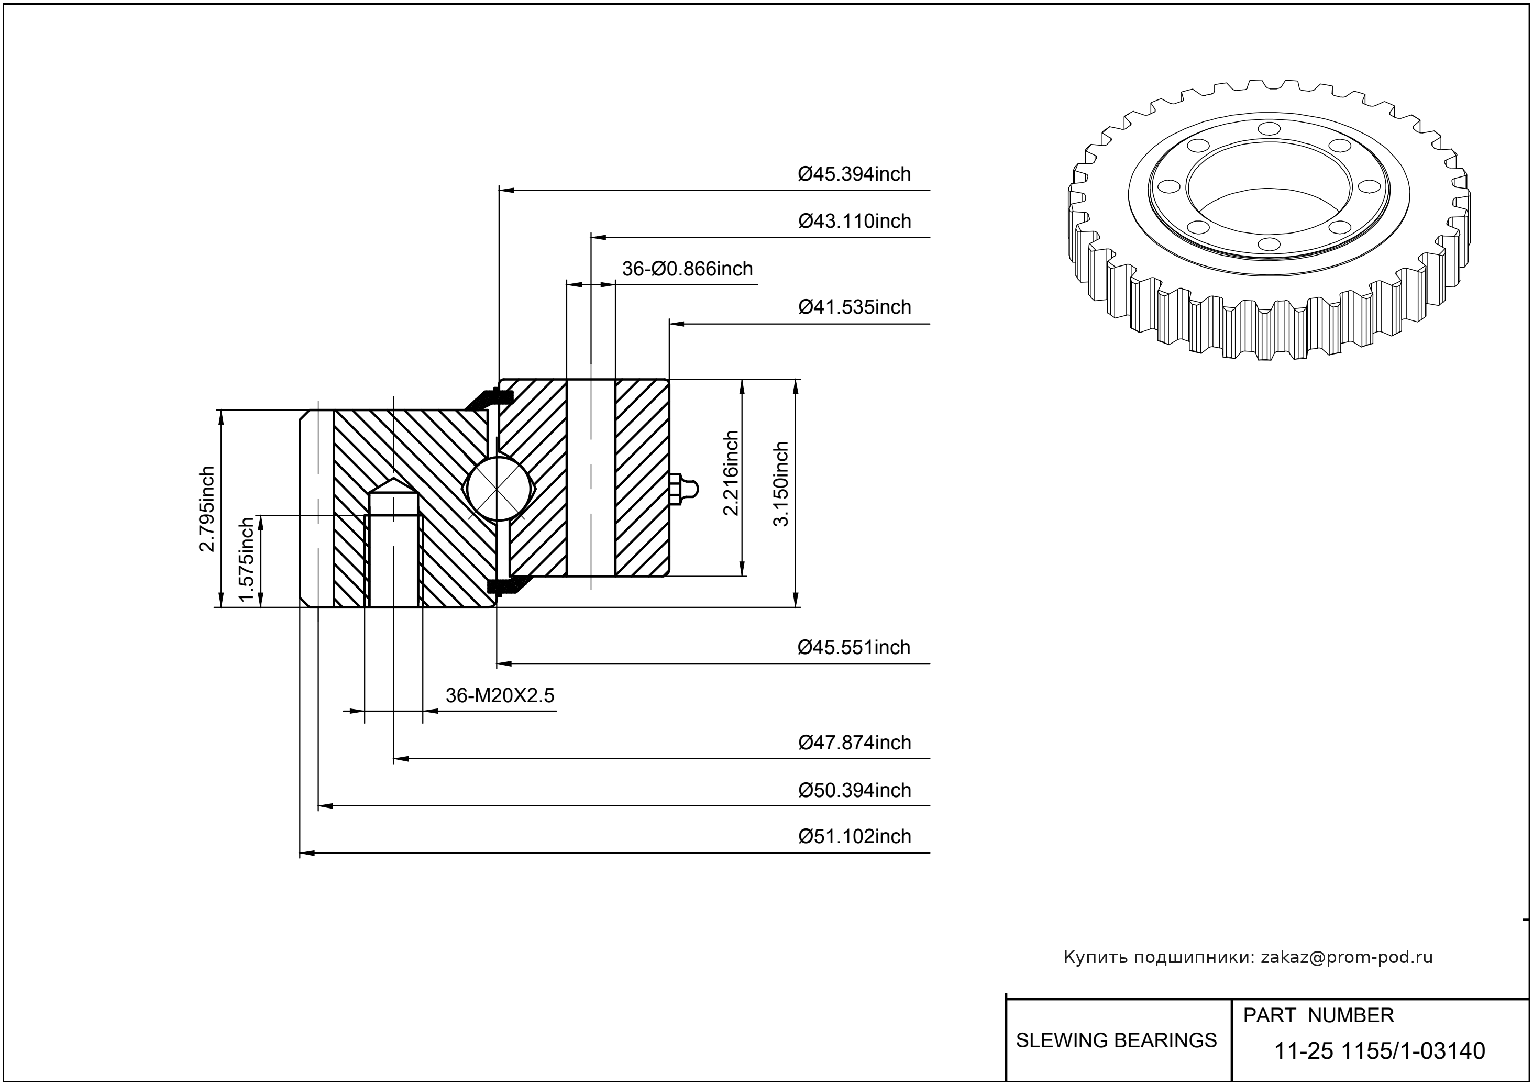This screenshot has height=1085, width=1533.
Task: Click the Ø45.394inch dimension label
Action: pyautogui.click(x=854, y=174)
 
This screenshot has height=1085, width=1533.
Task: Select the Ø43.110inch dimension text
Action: pyautogui.click(x=854, y=221)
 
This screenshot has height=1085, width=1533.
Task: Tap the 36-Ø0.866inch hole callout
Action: pyautogui.click(x=687, y=269)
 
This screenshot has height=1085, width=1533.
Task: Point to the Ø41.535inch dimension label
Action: pyautogui.click(x=854, y=307)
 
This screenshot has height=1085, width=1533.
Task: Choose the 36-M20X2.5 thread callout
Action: pyautogui.click(x=500, y=696)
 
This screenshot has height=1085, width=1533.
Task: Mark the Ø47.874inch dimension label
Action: pyautogui.click(x=854, y=743)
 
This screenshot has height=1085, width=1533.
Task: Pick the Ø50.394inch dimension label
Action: pyautogui.click(x=854, y=790)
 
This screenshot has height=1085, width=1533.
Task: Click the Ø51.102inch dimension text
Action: pyautogui.click(x=854, y=836)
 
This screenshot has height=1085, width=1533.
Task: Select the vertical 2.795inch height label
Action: pyautogui.click(x=207, y=509)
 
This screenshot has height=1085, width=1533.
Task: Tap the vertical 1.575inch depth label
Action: pyautogui.click(x=247, y=560)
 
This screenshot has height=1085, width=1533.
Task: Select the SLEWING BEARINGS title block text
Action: pyautogui.click(x=1116, y=1040)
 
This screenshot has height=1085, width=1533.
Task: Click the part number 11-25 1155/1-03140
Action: pyautogui.click(x=1380, y=1051)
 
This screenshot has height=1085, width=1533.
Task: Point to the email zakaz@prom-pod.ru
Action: pyautogui.click(x=1346, y=957)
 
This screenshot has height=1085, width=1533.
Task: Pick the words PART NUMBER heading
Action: pyautogui.click(x=1318, y=1015)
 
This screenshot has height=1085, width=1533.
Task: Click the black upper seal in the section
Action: pyautogui.click(x=489, y=398)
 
